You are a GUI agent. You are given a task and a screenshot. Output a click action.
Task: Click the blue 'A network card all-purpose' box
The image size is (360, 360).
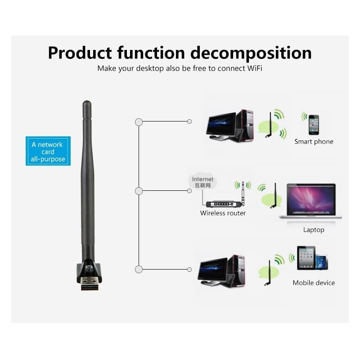pyautogui.click(x=47, y=152)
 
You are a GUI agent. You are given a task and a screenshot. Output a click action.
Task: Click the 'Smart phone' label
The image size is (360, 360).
pyautogui.click(x=314, y=142)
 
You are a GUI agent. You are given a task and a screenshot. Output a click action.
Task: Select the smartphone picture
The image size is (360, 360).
pyautogui.click(x=313, y=124)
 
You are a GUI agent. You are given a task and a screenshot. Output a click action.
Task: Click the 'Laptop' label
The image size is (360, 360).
pyautogui.click(x=314, y=230)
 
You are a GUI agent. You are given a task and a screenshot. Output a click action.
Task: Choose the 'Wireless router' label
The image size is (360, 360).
pyautogui.click(x=223, y=213)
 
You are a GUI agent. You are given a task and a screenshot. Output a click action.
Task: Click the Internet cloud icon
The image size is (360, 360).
pyautogui.click(x=202, y=181)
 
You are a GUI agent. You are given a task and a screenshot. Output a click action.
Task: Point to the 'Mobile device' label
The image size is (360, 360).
pyautogui.click(x=314, y=283)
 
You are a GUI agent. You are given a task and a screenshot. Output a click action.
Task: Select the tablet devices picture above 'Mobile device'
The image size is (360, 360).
pyautogui.click(x=312, y=258)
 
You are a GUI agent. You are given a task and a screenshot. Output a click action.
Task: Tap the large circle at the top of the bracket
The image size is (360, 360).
pyautogui.click(x=139, y=122)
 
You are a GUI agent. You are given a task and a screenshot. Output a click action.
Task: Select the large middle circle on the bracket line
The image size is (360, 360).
pyautogui.click(x=139, y=191)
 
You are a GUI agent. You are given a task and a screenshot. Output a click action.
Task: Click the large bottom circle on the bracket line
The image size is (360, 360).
pyautogui.click(x=139, y=270)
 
